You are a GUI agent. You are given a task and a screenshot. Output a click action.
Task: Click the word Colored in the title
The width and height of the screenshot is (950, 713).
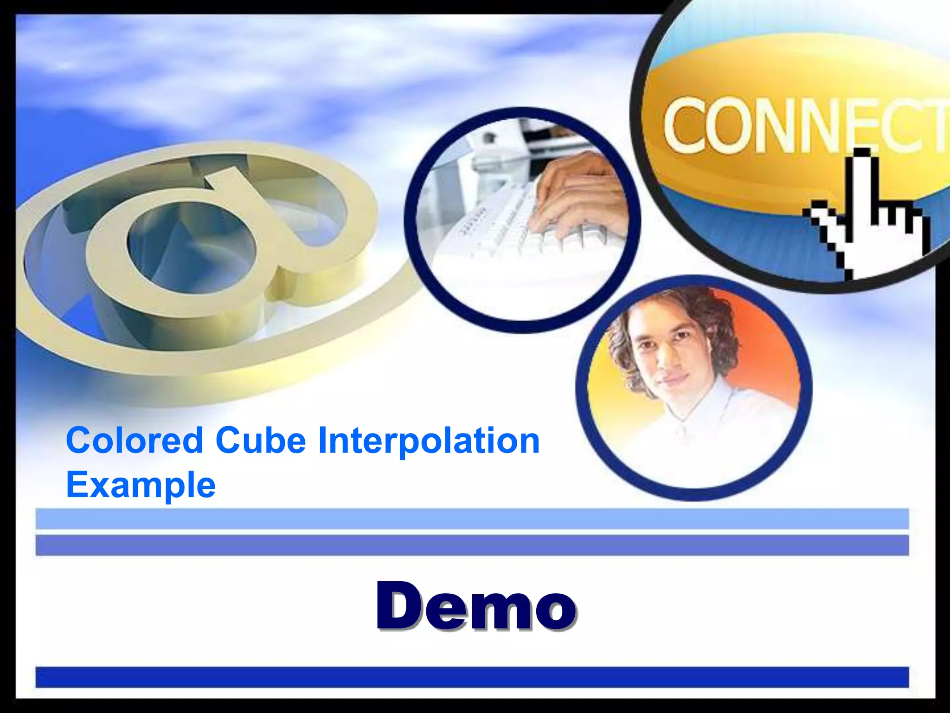[x=135, y=441]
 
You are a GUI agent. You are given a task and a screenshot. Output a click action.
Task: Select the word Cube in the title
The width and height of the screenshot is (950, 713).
[x=260, y=441]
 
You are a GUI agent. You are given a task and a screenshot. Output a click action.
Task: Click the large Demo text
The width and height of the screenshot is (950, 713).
[x=476, y=606]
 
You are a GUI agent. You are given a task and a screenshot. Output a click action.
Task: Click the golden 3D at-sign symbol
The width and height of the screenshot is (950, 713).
[x=195, y=260]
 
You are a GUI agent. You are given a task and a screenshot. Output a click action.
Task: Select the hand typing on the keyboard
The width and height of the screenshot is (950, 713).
[x=580, y=195]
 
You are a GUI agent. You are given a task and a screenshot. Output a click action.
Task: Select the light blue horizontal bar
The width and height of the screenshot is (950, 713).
[x=472, y=519]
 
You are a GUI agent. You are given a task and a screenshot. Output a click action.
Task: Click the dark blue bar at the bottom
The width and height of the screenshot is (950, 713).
[x=472, y=677]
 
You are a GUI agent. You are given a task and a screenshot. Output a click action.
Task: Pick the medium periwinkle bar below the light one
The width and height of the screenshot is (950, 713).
[x=472, y=545]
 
